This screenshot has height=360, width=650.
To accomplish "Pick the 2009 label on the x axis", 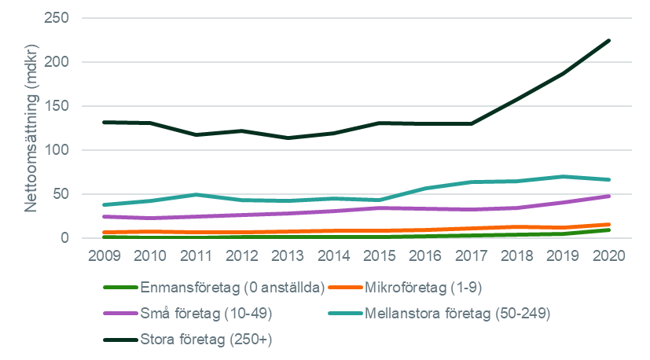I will (x=104, y=258).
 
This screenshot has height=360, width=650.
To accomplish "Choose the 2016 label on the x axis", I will (x=425, y=258).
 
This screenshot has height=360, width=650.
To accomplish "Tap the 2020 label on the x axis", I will (x=609, y=258).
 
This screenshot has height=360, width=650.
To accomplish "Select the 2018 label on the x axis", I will (x=517, y=258).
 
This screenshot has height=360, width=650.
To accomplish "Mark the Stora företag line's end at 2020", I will (x=609, y=40).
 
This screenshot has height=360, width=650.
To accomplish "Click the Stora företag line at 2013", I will (x=288, y=138).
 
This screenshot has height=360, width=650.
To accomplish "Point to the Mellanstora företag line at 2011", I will (x=196, y=194).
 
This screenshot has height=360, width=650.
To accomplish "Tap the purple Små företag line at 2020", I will (x=609, y=196).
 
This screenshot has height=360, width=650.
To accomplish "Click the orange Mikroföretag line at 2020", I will (x=609, y=224).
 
